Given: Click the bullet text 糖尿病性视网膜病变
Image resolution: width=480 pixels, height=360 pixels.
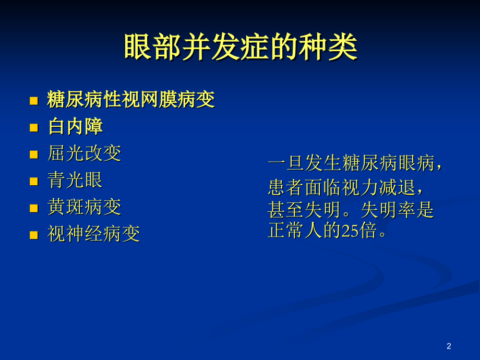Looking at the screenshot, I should click(131, 100).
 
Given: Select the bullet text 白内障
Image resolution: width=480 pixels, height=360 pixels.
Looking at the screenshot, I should click(75, 127).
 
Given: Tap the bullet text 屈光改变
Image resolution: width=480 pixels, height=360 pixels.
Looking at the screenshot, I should click(84, 153).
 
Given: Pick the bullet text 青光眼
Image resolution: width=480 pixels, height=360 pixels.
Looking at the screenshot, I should click(75, 181).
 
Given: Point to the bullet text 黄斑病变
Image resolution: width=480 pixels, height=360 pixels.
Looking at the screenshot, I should click(84, 207).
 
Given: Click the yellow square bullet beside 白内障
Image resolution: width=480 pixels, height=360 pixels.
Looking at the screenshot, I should click(34, 127).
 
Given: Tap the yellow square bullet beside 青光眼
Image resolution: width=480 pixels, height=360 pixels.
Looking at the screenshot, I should click(34, 181).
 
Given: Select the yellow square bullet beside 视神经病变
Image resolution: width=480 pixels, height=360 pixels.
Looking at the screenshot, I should click(34, 235).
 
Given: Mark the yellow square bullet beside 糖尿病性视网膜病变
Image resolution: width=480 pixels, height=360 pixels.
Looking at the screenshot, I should click(34, 100).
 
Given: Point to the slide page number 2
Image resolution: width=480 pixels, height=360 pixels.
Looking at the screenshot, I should click(449, 346).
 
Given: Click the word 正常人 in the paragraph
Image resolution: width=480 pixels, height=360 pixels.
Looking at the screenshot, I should click(295, 231).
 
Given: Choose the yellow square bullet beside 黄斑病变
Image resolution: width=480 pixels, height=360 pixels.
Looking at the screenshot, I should click(34, 208).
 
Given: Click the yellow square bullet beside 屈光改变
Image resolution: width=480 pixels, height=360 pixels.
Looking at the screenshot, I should click(34, 154).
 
